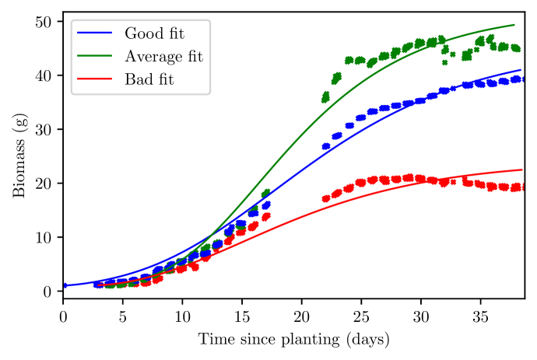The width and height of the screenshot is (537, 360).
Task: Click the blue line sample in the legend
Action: [97, 33]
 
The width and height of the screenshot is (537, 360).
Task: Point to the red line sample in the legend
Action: [97, 79]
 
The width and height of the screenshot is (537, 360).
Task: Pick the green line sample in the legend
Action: [97, 56]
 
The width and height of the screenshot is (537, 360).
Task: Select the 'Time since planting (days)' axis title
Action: [293, 340]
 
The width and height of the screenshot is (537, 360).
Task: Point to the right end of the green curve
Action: [514, 25]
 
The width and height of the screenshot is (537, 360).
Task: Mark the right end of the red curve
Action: [521, 170]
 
